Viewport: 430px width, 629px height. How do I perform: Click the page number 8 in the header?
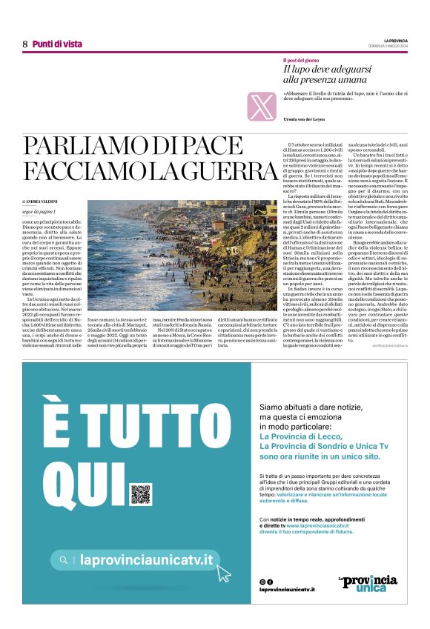coord(24,44)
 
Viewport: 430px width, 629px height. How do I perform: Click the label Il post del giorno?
coord(301,60)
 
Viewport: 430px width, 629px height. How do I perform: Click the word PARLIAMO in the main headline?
coord(82,147)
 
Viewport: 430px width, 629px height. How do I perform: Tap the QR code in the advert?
coord(140,493)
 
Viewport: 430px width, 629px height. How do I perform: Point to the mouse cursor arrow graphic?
coord(223,572)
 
